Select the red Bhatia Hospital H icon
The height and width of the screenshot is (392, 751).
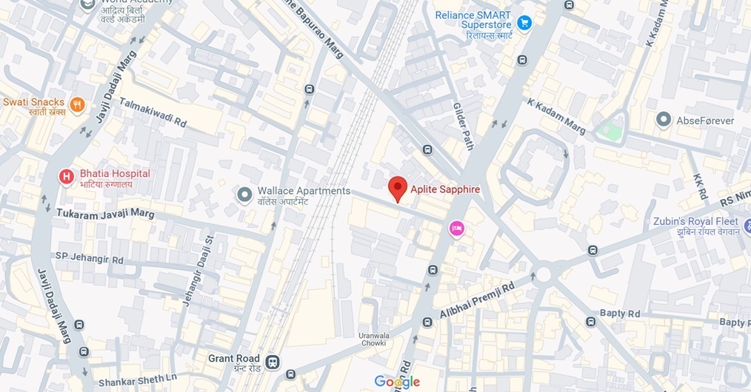[x=67, y=176]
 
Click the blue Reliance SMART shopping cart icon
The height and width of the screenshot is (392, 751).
[x=524, y=23]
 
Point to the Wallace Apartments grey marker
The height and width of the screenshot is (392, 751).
[x=244, y=195]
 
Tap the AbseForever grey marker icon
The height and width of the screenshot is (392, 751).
[x=664, y=119]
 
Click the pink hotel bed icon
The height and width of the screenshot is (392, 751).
[x=457, y=229]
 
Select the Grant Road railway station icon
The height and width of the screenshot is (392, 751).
[x=273, y=362]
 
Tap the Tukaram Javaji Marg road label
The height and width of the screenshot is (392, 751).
[x=105, y=213]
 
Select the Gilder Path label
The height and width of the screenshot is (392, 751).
[x=462, y=126]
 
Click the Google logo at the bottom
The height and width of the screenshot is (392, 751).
[x=397, y=382]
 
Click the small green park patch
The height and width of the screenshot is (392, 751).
[x=610, y=131]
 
